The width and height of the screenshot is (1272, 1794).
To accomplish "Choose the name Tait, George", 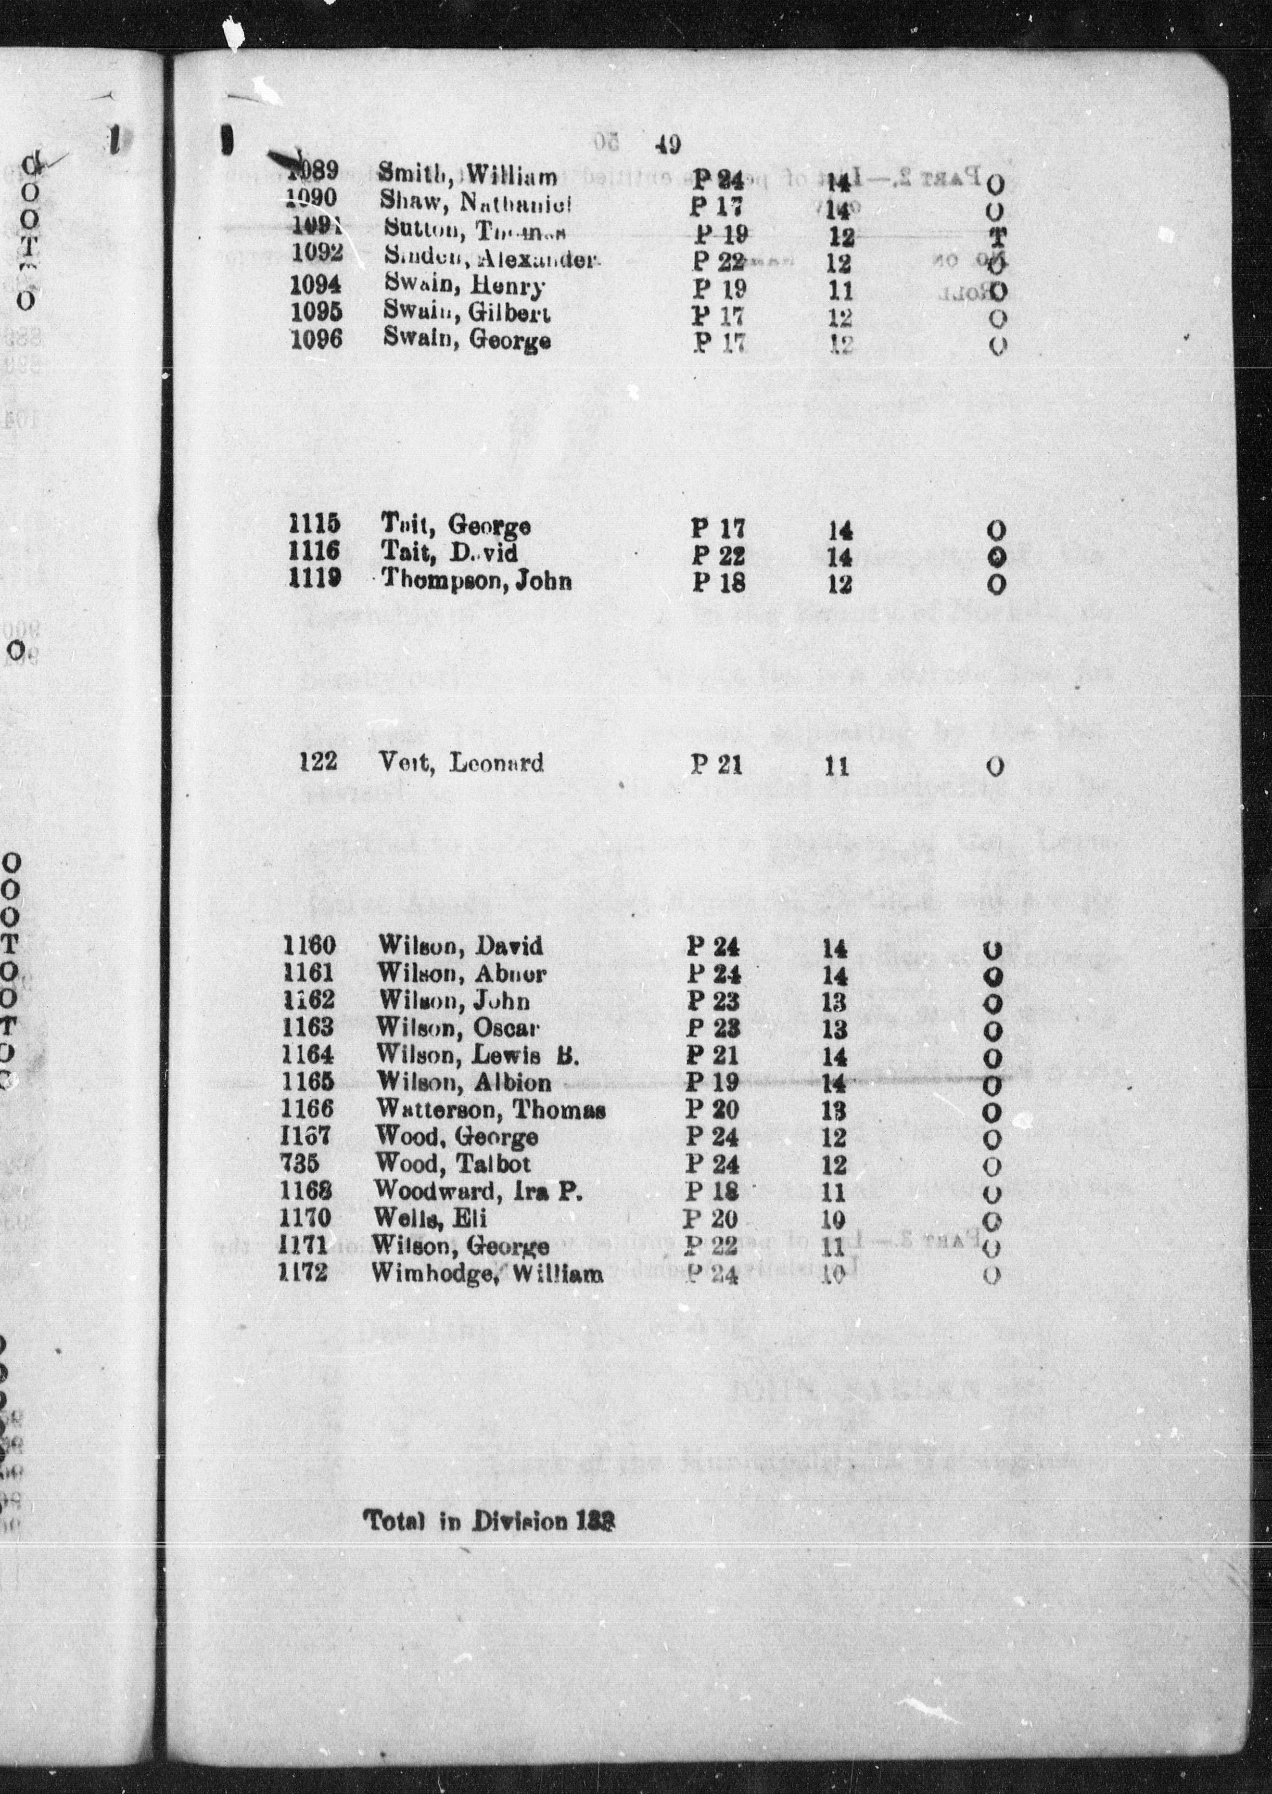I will click(x=456, y=525).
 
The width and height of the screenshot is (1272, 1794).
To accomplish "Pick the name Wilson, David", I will click(x=460, y=947).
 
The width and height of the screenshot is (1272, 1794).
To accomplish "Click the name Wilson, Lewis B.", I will click(x=478, y=1055).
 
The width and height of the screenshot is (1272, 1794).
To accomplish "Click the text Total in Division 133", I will click(x=488, y=1521).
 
